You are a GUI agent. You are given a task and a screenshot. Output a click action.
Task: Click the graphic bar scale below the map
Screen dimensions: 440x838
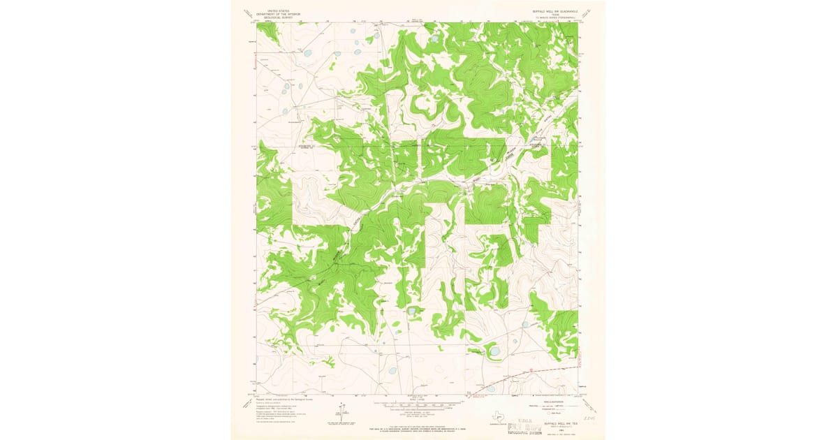click(x=418, y=403)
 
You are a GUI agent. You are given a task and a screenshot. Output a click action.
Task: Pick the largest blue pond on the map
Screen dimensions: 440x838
click(x=494, y=351)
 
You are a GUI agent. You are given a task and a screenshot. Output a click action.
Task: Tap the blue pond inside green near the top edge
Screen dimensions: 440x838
click(x=434, y=39)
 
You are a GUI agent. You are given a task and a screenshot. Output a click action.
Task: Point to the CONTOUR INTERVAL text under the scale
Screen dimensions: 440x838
click(x=418, y=412)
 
